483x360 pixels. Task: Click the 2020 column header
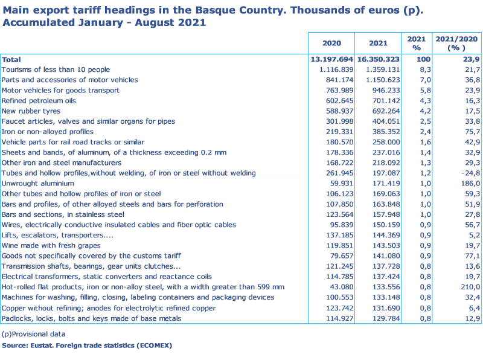tap(331, 43)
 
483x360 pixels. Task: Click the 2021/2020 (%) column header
tap(457, 43)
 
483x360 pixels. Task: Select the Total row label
tap(11, 60)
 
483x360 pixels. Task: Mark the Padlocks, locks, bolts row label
tap(91, 318)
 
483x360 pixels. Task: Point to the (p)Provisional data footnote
tap(33, 334)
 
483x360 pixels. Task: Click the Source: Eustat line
tap(87, 346)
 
